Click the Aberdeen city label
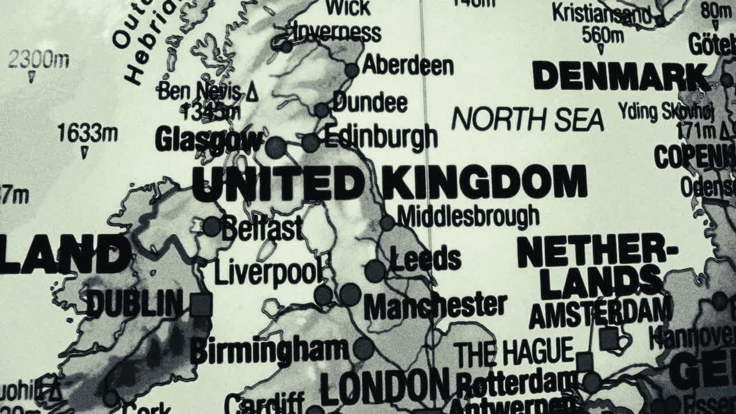(408, 65)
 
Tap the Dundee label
(370, 103)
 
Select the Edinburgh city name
(380, 137)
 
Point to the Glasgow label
(209, 140)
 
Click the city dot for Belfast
(212, 226)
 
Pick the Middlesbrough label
(468, 216)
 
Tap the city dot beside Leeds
(375, 270)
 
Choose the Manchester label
(435, 305)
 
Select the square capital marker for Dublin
(201, 305)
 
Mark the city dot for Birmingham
(363, 348)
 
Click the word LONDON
(384, 386)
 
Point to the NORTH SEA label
(527, 120)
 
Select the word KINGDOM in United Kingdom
(485, 182)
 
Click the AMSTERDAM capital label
(600, 313)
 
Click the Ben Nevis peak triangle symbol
(252, 92)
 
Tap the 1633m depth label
(87, 134)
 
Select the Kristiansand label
(601, 13)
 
